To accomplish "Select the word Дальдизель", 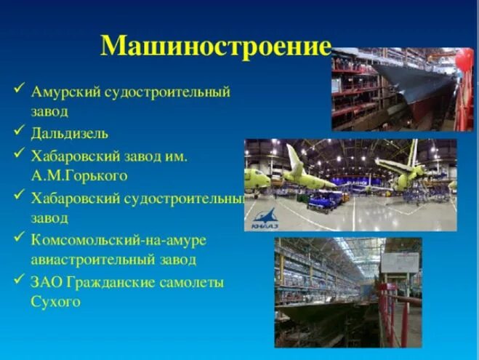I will [x=70, y=133].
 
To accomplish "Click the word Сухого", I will [x=55, y=301].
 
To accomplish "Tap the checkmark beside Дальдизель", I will [x=18, y=132].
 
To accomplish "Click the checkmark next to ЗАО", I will [x=18, y=280].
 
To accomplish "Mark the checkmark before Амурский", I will [x=18, y=92].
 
